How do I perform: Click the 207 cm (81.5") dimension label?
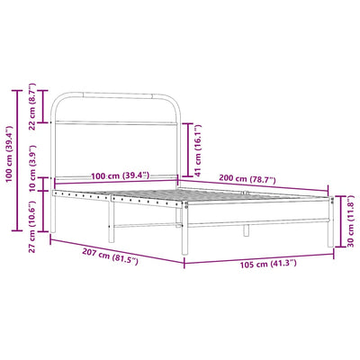click(x=110, y=257)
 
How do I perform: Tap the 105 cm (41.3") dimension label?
click(x=268, y=264)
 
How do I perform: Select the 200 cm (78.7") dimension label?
click(x=247, y=179)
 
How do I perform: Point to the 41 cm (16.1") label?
click(x=198, y=150)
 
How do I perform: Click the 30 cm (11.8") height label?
click(x=351, y=221)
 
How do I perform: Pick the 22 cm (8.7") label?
click(x=31, y=106)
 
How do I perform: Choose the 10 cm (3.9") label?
click(x=31, y=168)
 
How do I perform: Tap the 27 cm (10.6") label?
click(x=31, y=227)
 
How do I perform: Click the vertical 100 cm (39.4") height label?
click(x=9, y=154)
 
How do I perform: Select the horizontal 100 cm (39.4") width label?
click(x=120, y=175)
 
